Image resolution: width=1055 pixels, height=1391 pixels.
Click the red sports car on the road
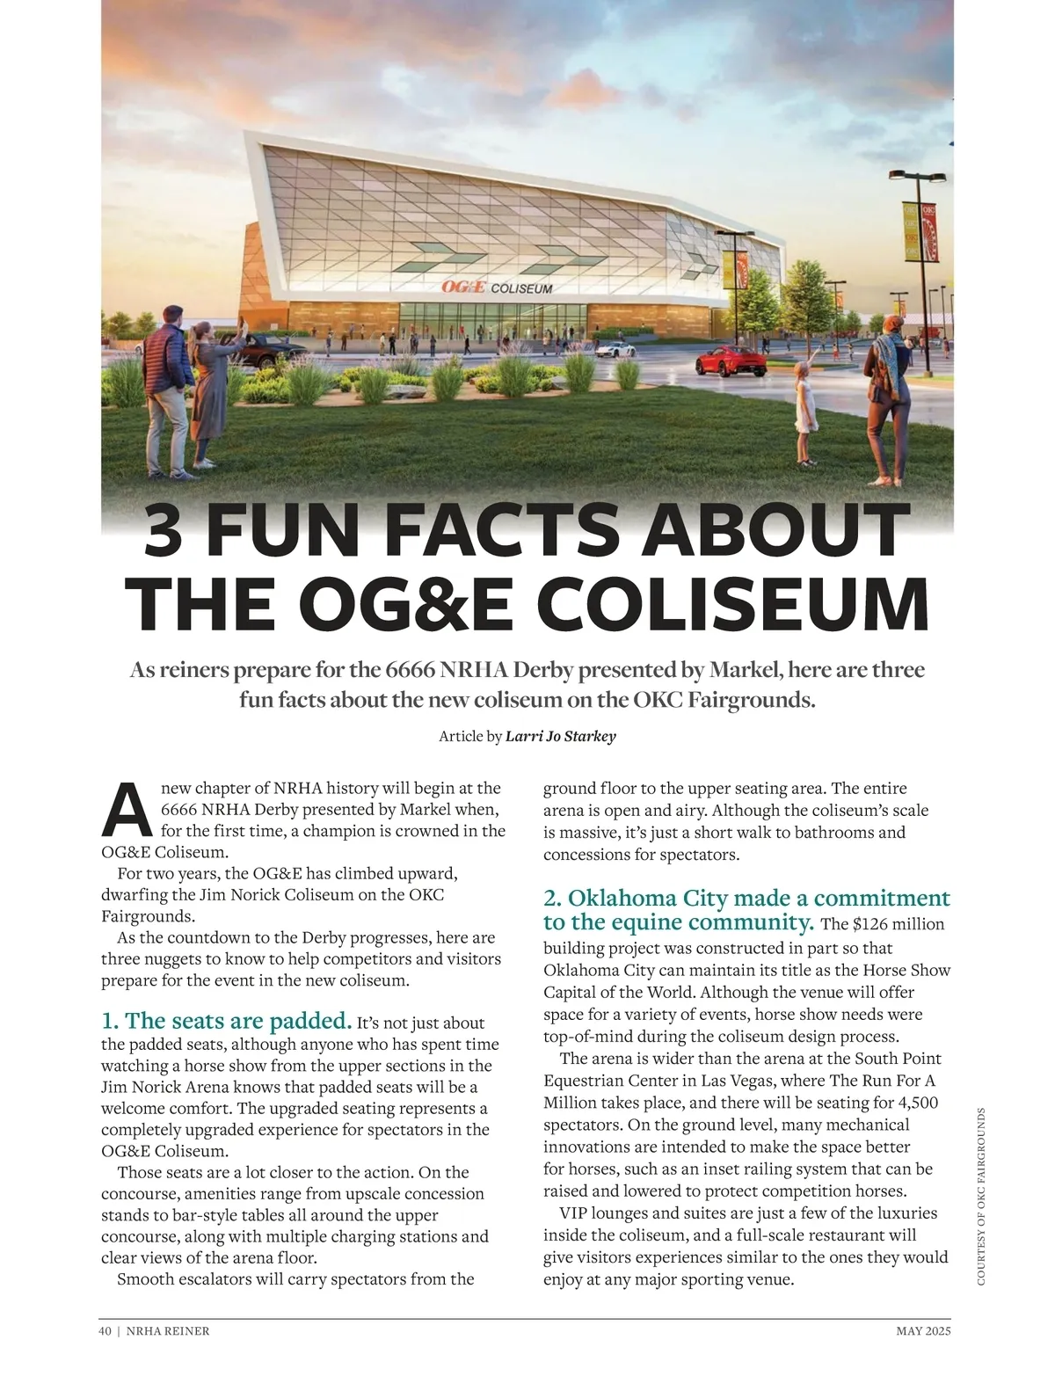click(x=728, y=360)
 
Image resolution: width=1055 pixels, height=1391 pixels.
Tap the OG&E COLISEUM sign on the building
click(x=497, y=288)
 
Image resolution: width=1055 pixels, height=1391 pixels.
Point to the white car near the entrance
click(x=615, y=349)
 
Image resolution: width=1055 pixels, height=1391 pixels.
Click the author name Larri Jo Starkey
click(x=561, y=736)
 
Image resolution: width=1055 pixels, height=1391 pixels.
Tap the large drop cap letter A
click(x=127, y=810)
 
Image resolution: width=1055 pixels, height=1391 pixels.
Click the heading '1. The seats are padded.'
click(x=226, y=1021)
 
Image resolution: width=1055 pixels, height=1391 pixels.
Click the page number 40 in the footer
click(x=105, y=1331)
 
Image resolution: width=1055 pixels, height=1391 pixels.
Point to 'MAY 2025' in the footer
click(x=923, y=1331)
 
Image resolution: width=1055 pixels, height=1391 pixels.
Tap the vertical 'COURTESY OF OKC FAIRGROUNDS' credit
click(x=981, y=1196)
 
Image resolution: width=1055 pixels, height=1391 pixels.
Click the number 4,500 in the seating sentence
click(x=918, y=1103)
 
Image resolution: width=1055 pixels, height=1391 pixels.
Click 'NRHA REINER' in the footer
click(x=168, y=1331)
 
